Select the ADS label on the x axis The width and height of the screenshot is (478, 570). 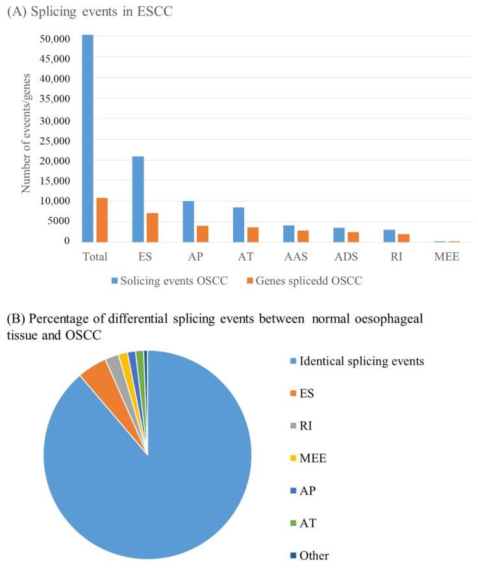pyautogui.click(x=346, y=256)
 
